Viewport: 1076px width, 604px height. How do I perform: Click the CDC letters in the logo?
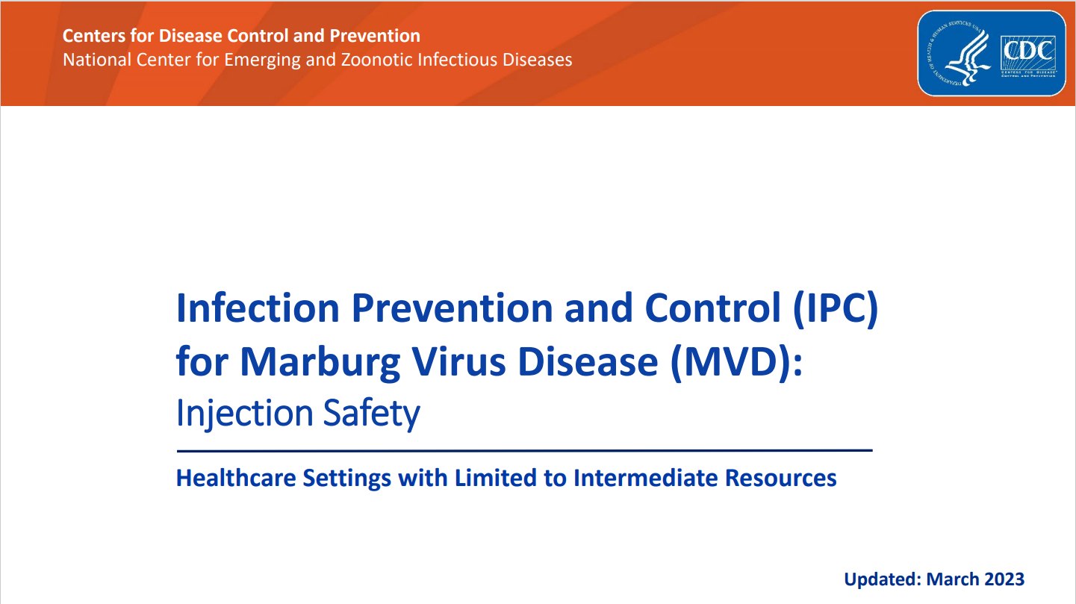point(1028,51)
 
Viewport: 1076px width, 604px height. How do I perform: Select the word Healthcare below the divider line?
point(235,478)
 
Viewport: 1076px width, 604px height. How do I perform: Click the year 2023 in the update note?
point(1001,579)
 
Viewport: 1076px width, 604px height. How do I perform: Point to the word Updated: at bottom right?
point(883,579)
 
